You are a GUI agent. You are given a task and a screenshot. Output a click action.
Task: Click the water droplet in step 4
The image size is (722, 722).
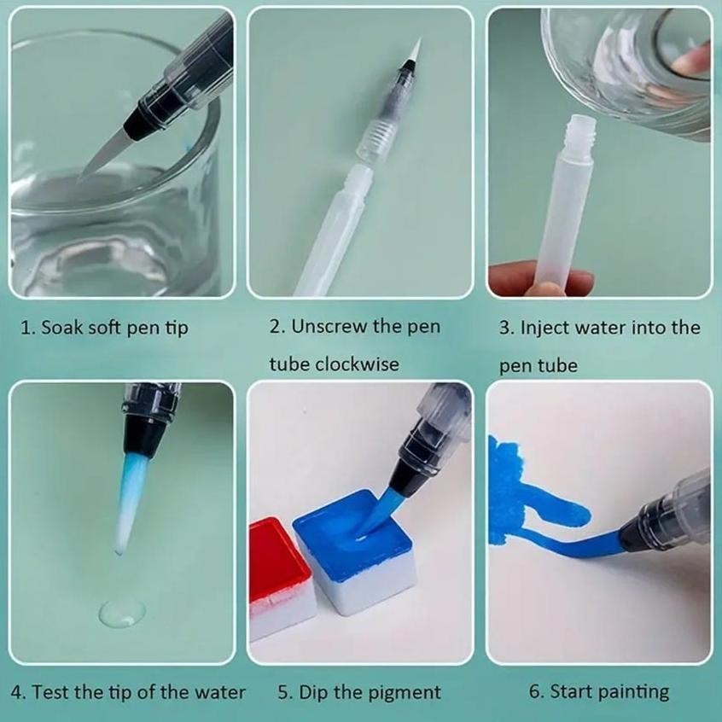pos(121,612)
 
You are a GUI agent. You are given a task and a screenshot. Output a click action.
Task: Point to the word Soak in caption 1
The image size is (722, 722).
pos(65,328)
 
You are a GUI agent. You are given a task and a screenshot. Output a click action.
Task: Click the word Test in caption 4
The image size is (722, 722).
pos(51,691)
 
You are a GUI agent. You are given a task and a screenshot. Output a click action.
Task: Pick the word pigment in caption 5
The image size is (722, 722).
pos(405,691)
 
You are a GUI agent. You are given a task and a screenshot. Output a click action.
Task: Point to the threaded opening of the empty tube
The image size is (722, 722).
pos(579,125)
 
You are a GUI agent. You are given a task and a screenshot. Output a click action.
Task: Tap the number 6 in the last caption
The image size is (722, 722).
pos(535,691)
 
